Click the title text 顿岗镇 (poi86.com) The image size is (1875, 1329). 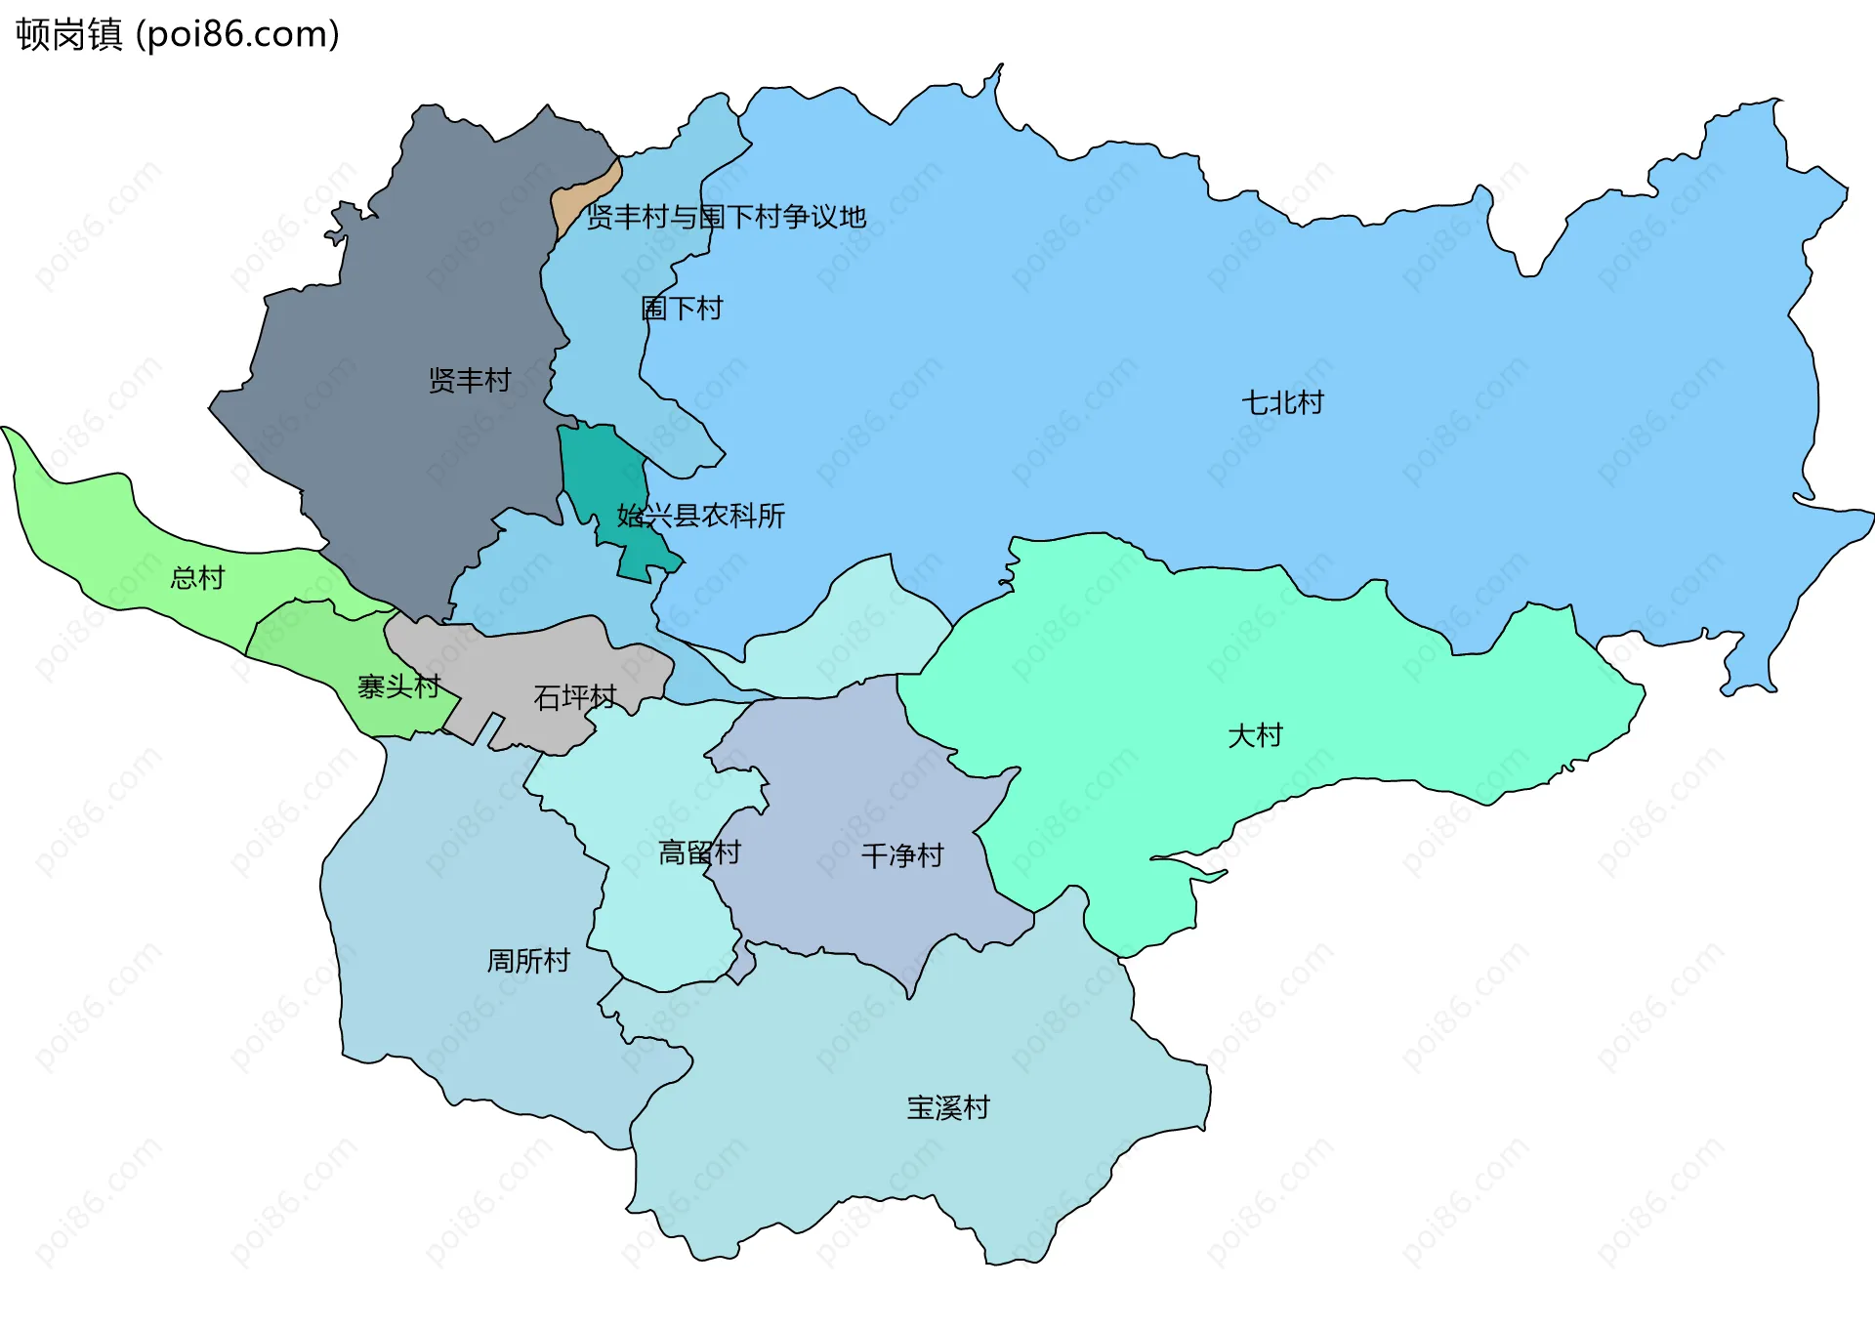[x=178, y=34]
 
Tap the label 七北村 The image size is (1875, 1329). [x=1281, y=402]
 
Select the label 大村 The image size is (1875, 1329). [x=1254, y=734]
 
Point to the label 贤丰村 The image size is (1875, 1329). [x=470, y=380]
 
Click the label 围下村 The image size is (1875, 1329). [x=682, y=309]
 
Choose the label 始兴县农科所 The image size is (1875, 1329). [x=700, y=516]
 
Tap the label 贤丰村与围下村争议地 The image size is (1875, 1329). [x=726, y=217]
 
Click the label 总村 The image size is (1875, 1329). [x=197, y=578]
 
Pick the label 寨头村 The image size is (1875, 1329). [x=398, y=686]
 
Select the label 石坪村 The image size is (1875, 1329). [x=574, y=697]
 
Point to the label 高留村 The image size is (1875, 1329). [x=699, y=852]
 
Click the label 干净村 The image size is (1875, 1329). [x=902, y=856]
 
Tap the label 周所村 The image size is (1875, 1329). [x=528, y=961]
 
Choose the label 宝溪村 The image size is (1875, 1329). [x=947, y=1107]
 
